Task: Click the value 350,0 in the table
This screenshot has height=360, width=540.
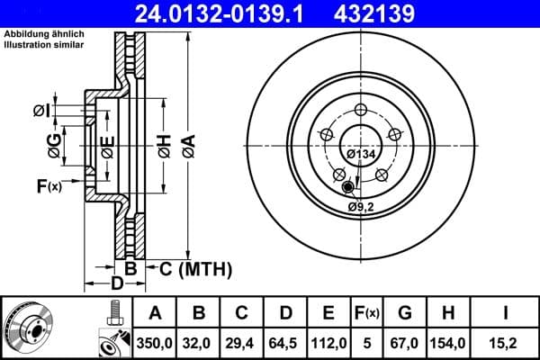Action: pyautogui.click(x=155, y=343)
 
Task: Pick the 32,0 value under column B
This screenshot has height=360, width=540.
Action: pyautogui.click(x=198, y=343)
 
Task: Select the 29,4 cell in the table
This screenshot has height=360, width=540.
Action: pyautogui.click(x=241, y=343)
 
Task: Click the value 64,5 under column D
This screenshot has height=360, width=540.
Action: pyautogui.click(x=284, y=343)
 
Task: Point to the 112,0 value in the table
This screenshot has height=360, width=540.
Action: pyautogui.click(x=328, y=343)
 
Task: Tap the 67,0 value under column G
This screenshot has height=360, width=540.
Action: pyautogui.click(x=404, y=343)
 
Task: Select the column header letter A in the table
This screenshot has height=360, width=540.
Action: pyautogui.click(x=155, y=313)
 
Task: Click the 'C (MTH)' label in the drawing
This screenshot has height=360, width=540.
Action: pyautogui.click(x=195, y=267)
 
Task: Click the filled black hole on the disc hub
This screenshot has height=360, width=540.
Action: pyautogui.click(x=348, y=186)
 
